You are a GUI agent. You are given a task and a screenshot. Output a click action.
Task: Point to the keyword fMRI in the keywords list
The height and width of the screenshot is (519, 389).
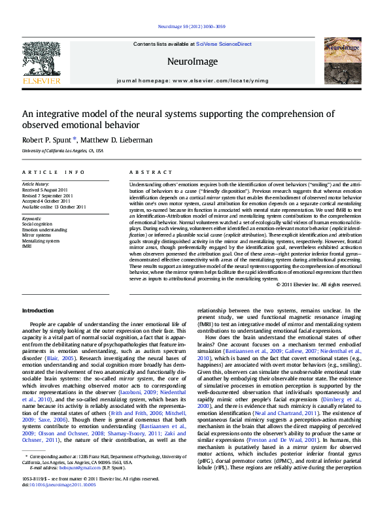point(27,246)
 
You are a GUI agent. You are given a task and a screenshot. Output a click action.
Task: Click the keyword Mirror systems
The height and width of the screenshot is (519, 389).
point(37,235)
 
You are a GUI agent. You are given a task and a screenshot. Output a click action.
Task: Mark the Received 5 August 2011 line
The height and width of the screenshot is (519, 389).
point(45,190)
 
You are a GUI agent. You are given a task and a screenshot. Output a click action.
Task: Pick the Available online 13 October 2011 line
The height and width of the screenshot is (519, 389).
point(54,206)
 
